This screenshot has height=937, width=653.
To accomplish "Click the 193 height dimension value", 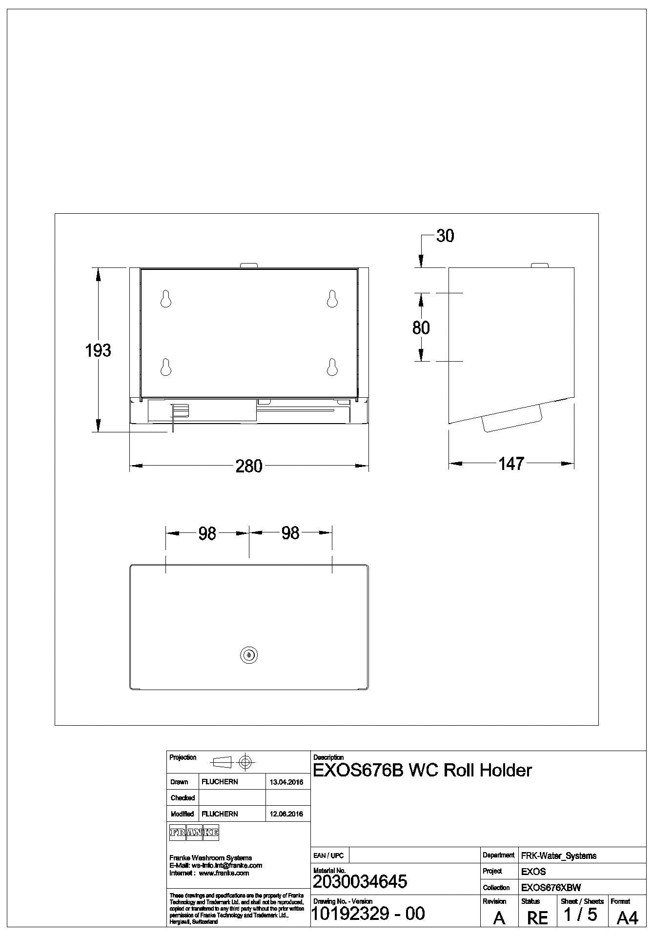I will (98, 350).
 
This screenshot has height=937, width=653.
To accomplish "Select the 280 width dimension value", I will (249, 466).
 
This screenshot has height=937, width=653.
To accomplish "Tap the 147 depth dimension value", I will (511, 464).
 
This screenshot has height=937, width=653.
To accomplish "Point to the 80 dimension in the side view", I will (421, 327).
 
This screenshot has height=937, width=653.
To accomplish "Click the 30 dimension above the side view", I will (445, 236).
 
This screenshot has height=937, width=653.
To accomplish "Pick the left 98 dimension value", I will (207, 533).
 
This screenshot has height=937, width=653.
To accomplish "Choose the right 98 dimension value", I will (290, 533).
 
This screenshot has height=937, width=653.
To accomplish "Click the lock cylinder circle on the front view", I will (249, 655).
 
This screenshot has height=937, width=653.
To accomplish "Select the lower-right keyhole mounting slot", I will (332, 367).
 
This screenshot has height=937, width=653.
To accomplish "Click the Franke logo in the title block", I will (194, 833).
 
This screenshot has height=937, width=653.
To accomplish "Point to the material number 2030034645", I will (360, 881).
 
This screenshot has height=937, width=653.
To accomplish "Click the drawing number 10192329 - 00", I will (368, 913).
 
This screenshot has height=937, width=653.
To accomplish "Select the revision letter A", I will (499, 917).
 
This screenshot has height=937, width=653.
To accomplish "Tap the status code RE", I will (537, 917).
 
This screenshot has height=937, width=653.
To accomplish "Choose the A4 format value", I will (627, 917).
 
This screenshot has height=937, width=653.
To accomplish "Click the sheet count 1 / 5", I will (580, 915).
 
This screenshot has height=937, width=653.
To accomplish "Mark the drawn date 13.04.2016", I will (286, 782).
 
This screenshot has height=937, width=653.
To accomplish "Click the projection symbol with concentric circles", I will (245, 761).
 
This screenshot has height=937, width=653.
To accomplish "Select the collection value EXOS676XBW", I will (551, 888).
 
